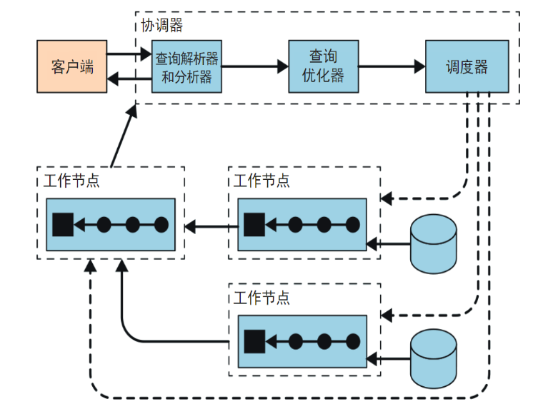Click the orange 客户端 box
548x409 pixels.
click(72, 66)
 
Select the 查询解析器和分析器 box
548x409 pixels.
click(186, 66)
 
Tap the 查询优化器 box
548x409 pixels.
click(323, 66)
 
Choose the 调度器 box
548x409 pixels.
click(467, 66)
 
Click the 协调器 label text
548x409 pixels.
click(161, 26)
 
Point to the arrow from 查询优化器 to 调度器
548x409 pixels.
click(392, 66)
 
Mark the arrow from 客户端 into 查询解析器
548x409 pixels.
click(129, 54)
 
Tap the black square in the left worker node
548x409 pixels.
click(63, 225)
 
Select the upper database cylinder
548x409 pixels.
click(434, 243)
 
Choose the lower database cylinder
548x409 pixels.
click(434, 359)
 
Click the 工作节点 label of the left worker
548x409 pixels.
click(71, 180)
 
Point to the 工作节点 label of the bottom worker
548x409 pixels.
click(261, 296)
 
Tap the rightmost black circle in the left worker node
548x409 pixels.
click(161, 225)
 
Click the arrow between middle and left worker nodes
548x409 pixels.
click(210, 228)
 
